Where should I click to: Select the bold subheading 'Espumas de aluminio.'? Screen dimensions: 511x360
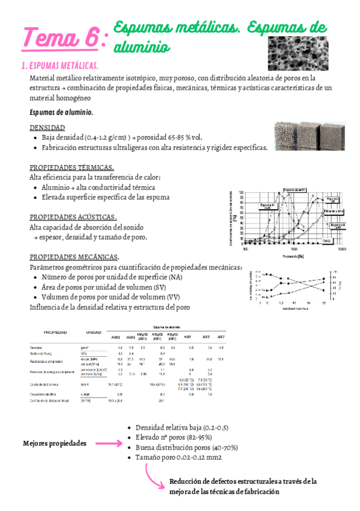coord(69,112)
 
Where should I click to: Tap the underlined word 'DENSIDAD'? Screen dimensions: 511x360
coord(48,128)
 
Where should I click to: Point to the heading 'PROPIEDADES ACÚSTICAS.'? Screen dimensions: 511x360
coord(73,216)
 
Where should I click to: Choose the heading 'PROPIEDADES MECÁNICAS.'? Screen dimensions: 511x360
coord(74,257)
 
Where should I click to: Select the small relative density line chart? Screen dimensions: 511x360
coord(288,287)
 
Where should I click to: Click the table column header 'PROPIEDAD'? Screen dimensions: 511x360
coord(54,332)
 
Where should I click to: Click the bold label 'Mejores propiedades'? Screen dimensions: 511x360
coord(54,443)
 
